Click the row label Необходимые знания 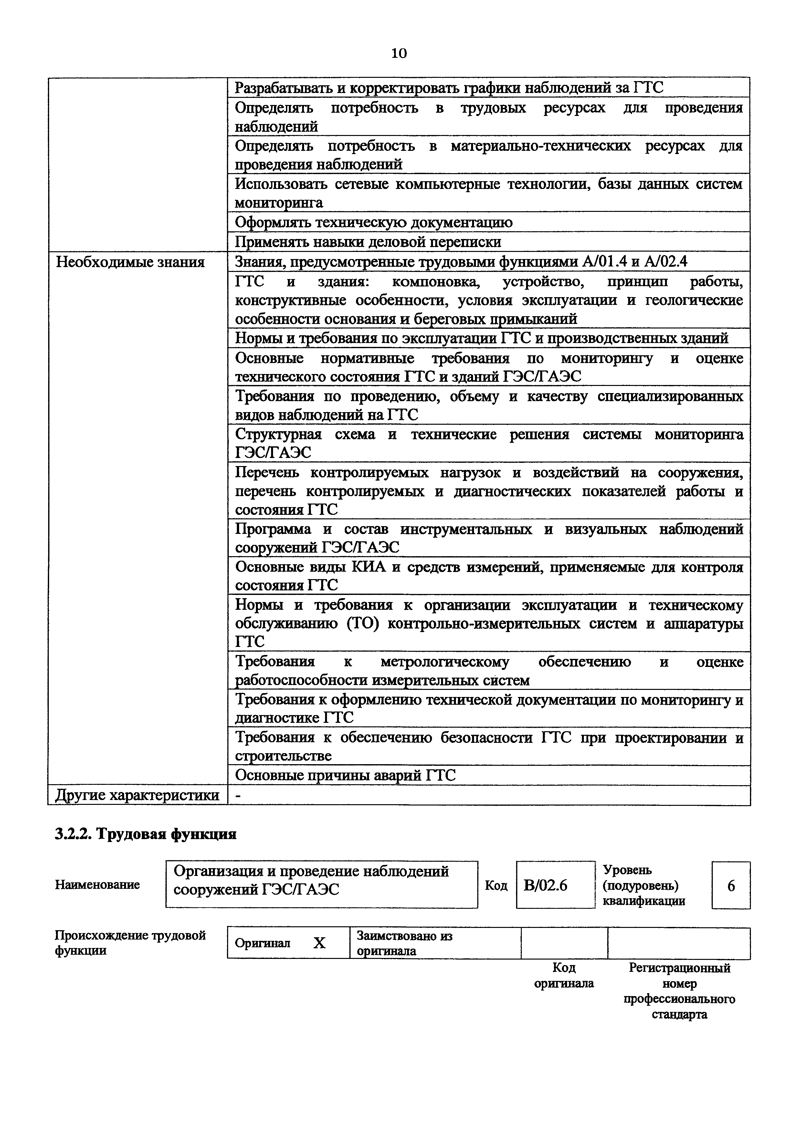(130, 262)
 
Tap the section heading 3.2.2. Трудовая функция (146, 834)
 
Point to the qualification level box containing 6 (731, 886)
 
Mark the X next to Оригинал (320, 943)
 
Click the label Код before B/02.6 (496, 886)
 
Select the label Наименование (97, 885)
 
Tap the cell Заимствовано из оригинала (405, 943)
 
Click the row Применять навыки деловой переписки (368, 242)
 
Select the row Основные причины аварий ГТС (345, 776)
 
